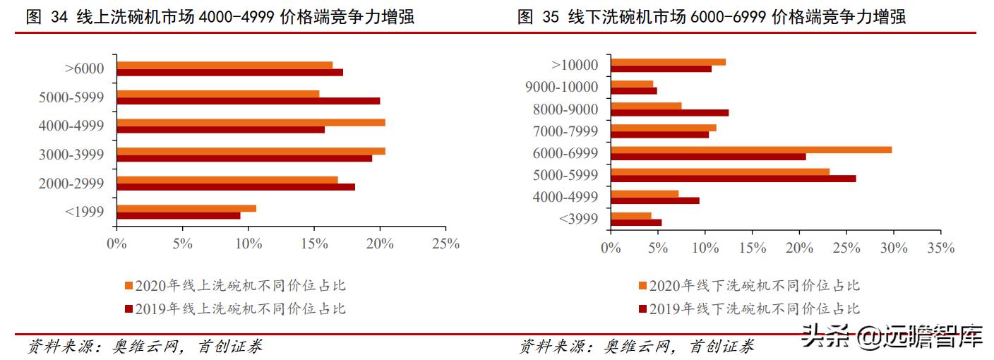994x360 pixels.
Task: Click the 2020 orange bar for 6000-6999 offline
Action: (x=751, y=150)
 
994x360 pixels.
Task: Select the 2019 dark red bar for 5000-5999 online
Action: (x=248, y=101)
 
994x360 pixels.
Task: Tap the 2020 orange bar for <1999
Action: (x=186, y=208)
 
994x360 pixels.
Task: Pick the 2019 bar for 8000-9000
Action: (x=669, y=112)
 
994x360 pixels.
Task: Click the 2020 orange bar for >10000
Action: (x=668, y=62)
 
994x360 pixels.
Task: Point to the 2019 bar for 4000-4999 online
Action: (x=220, y=130)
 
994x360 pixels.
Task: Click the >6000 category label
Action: (x=84, y=69)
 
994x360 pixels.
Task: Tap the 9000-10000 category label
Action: (x=562, y=88)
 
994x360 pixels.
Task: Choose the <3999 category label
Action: (x=578, y=219)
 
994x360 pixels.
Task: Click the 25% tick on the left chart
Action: (x=445, y=244)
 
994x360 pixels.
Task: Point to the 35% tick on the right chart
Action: (x=940, y=248)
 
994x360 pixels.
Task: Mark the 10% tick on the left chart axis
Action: (x=248, y=244)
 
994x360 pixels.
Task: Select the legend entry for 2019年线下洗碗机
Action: (x=749, y=308)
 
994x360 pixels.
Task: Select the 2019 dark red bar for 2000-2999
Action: (x=236, y=187)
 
